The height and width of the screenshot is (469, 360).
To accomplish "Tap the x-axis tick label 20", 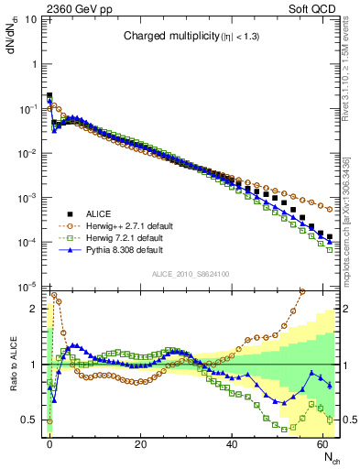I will pyautogui.click(x=140, y=443).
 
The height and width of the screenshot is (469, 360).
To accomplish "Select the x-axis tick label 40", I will pyautogui.click(x=232, y=443).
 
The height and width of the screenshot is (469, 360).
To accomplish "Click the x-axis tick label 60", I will pyautogui.click(x=322, y=443).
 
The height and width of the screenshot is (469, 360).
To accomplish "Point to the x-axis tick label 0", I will pyautogui.click(x=49, y=443).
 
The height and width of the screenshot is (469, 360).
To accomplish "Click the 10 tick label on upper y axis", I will pyautogui.click(x=34, y=64).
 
